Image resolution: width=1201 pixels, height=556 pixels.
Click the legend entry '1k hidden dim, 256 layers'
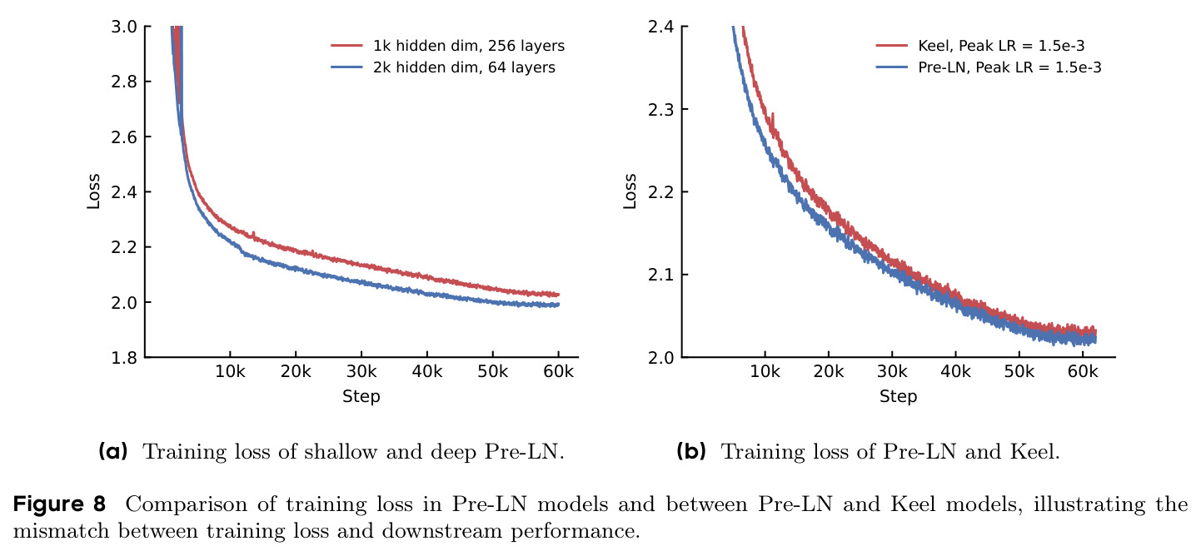pyautogui.click(x=448, y=46)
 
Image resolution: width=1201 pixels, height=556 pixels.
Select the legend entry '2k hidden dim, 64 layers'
pyautogui.click(x=443, y=67)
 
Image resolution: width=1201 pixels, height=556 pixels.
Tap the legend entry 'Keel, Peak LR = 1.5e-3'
pyautogui.click(x=980, y=46)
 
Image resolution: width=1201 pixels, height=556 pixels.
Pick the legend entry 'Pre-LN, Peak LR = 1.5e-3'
pyautogui.click(x=988, y=67)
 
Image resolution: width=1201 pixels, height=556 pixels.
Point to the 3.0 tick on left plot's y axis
pyautogui.click(x=124, y=27)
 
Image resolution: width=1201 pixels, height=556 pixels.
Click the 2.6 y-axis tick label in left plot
pyautogui.click(x=124, y=137)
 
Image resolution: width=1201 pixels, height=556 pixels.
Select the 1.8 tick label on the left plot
pyautogui.click(x=124, y=357)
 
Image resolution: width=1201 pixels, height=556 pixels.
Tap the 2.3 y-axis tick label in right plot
pyautogui.click(x=660, y=109)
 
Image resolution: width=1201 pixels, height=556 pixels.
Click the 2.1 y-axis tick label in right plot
pyautogui.click(x=660, y=275)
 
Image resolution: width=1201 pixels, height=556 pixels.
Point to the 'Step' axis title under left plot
pyautogui.click(x=361, y=396)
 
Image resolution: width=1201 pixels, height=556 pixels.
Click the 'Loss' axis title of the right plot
pyautogui.click(x=630, y=191)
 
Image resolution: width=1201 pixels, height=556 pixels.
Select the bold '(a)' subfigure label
pyautogui.click(x=113, y=452)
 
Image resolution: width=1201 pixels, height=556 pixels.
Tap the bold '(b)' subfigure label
pyautogui.click(x=691, y=452)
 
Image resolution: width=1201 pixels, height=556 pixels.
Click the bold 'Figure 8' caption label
pyautogui.click(x=59, y=504)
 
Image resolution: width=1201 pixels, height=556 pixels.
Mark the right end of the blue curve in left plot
pyautogui.click(x=559, y=305)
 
